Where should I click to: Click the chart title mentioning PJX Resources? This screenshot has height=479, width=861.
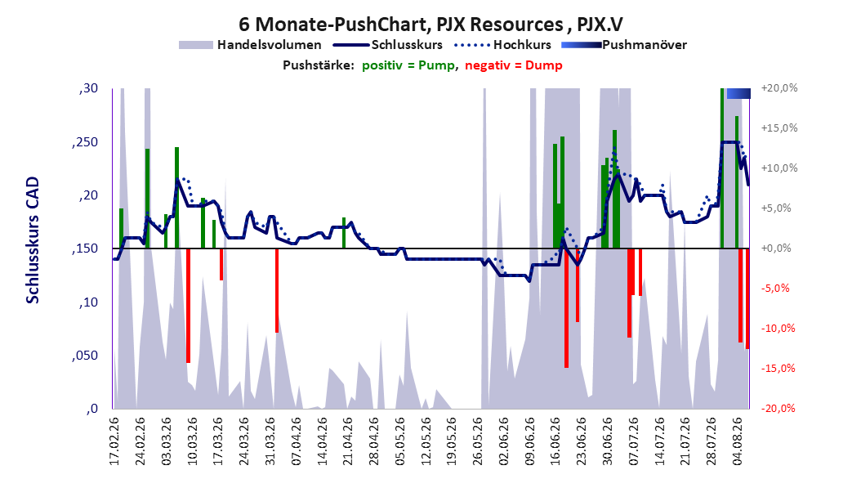click(x=430, y=25)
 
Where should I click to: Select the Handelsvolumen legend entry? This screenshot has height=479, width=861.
click(x=251, y=45)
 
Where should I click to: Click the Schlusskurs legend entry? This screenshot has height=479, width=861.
click(x=388, y=45)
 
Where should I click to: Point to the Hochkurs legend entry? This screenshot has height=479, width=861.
click(x=502, y=45)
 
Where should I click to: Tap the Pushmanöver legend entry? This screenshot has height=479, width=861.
click(x=624, y=45)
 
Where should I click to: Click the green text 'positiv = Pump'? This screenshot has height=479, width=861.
click(x=408, y=65)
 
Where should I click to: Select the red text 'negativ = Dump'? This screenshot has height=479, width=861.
click(x=514, y=65)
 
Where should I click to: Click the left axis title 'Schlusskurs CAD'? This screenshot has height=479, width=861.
click(x=33, y=240)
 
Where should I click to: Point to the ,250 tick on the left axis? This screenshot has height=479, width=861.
click(x=85, y=142)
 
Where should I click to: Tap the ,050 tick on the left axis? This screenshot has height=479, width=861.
click(x=85, y=356)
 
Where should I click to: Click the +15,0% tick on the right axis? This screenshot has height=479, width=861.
click(x=779, y=128)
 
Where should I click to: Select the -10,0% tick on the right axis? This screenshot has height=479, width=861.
click(x=778, y=329)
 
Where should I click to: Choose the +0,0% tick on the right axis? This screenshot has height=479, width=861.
click(x=776, y=248)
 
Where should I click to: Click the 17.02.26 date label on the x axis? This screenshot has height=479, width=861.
click(x=114, y=441)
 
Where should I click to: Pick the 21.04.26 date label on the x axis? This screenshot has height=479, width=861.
click(x=347, y=441)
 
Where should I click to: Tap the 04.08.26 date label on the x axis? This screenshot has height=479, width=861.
click(x=737, y=441)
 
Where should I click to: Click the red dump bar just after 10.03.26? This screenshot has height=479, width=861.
click(x=189, y=306)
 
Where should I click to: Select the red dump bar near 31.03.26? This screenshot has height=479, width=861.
click(x=277, y=290)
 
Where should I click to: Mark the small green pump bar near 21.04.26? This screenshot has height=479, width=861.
click(x=344, y=233)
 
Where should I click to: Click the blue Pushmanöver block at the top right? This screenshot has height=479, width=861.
click(x=738, y=93)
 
